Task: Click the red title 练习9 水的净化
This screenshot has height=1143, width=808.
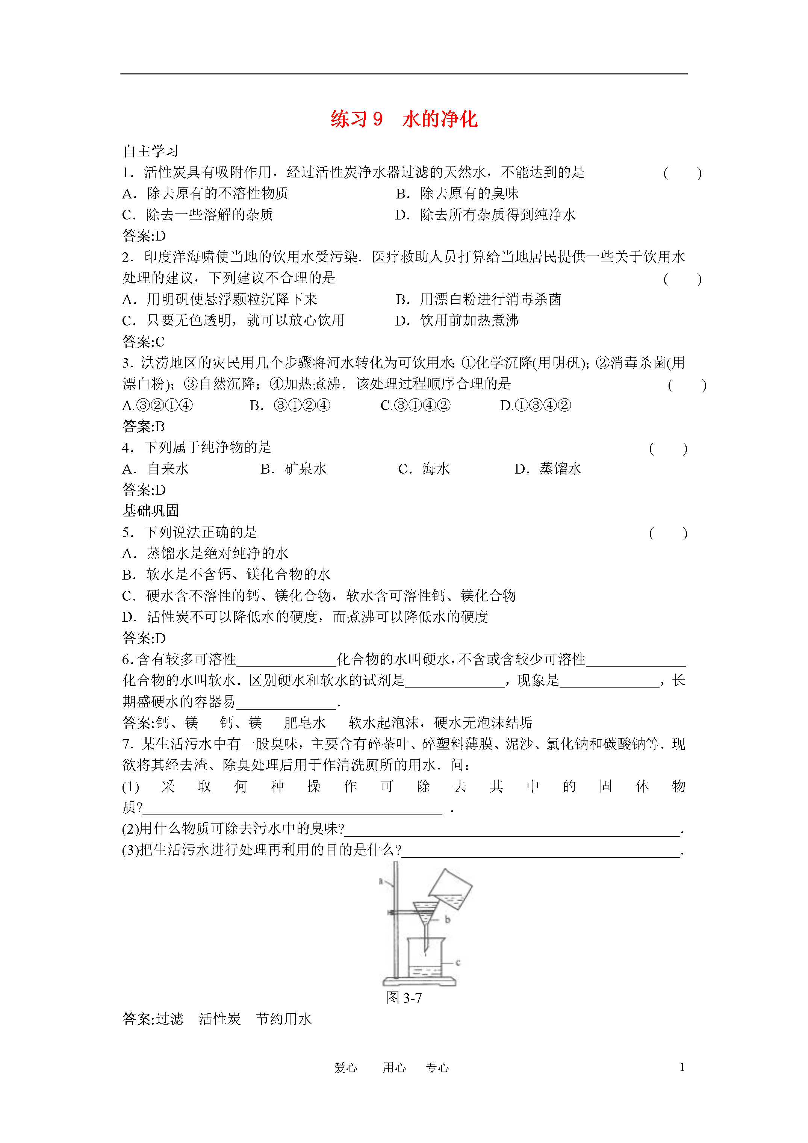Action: [404, 120]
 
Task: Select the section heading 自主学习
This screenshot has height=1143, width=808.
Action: [150, 151]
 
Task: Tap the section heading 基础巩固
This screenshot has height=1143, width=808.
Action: [150, 511]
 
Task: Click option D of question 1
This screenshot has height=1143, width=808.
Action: [486, 215]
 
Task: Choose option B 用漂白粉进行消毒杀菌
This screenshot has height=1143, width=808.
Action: [478, 299]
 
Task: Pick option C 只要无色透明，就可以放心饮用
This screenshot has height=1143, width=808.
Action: [233, 320]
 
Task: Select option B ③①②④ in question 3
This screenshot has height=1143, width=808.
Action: [290, 405]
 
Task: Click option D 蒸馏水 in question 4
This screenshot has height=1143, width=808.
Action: [548, 469]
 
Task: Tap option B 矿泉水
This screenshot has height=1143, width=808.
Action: [294, 469]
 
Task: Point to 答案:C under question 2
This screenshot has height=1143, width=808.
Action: [144, 342]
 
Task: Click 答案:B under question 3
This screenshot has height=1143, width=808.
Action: [144, 426]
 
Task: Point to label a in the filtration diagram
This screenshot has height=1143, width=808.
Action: [381, 882]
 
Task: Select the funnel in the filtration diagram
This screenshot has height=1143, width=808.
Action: [426, 912]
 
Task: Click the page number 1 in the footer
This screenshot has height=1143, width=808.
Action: [682, 1067]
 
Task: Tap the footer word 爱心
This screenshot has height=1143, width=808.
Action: [345, 1067]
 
